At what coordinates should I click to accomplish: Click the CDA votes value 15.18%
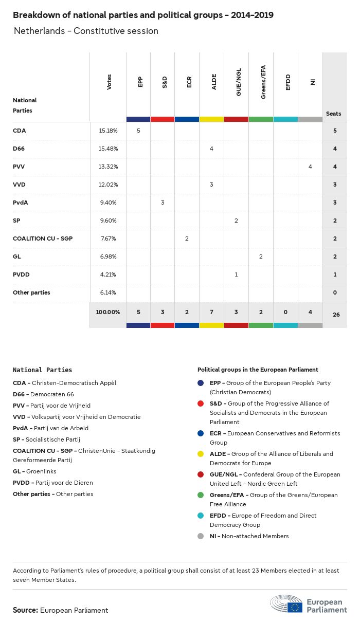click(108, 131)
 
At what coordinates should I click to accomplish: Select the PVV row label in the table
click(19, 167)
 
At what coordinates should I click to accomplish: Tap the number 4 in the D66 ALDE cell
click(211, 149)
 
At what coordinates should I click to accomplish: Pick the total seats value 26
click(336, 314)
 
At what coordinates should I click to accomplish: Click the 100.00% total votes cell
click(108, 312)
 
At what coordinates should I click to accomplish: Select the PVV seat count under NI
click(310, 167)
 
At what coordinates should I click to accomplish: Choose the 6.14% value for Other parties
click(108, 292)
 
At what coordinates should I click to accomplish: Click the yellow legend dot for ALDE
click(201, 454)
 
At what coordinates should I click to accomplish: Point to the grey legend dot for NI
click(201, 536)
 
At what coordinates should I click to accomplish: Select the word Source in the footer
click(25, 610)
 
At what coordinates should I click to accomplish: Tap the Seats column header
click(334, 114)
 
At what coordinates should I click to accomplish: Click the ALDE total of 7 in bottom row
click(211, 312)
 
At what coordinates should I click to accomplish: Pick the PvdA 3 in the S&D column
click(163, 203)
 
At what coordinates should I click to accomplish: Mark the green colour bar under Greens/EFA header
click(261, 119)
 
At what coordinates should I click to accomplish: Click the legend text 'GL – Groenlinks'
click(35, 471)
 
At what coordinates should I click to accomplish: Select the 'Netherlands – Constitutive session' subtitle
click(86, 31)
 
